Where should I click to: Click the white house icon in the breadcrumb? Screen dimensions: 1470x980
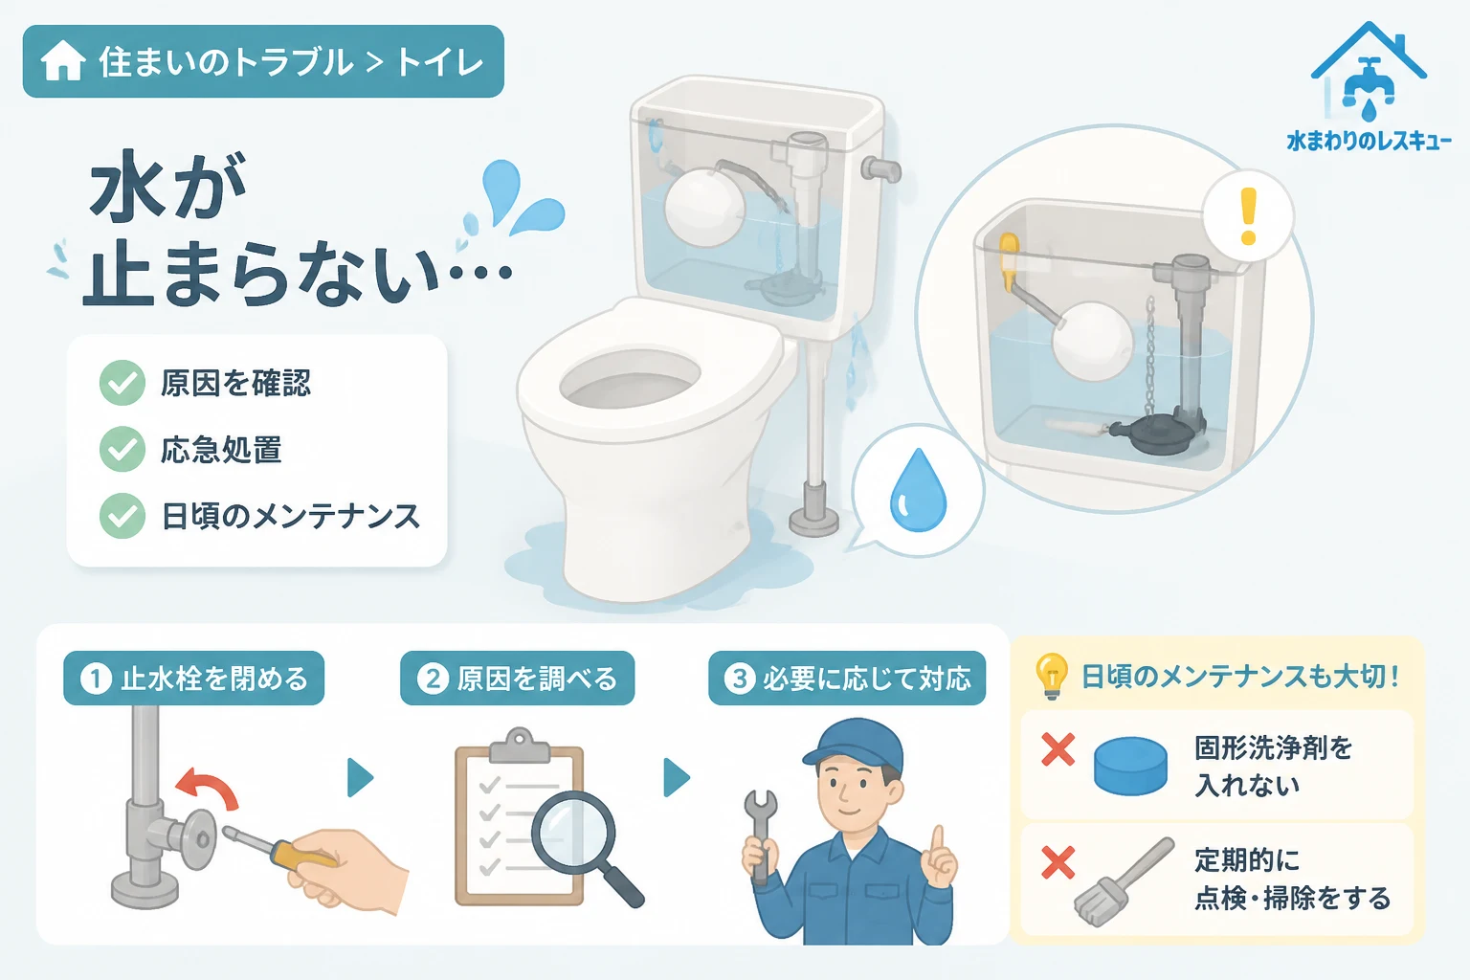[x=62, y=60]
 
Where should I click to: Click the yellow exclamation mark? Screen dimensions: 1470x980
[x=1248, y=216]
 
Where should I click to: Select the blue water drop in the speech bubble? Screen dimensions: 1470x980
[x=918, y=490]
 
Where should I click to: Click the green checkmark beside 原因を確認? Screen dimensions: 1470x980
[x=122, y=383]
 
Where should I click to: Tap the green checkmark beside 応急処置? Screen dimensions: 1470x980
[x=122, y=449]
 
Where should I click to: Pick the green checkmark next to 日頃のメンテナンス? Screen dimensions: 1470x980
[x=122, y=516]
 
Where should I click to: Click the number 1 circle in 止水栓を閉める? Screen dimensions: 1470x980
[x=96, y=679]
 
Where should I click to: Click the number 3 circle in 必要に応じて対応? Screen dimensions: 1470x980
[x=740, y=679]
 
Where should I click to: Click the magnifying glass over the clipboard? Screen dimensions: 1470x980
[x=586, y=848]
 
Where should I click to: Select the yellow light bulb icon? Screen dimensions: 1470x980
[x=1052, y=676]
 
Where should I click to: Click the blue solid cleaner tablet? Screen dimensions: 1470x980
[x=1130, y=766]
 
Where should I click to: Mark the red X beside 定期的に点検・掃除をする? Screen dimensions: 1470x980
[x=1058, y=862]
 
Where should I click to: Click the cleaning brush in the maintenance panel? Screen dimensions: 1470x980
[x=1124, y=881]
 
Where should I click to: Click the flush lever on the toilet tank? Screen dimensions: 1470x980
[x=880, y=170]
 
